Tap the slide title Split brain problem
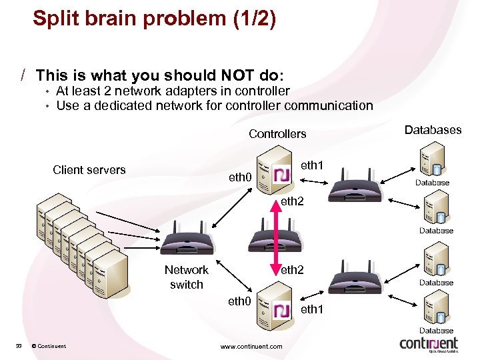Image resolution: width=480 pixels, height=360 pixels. point(154,18)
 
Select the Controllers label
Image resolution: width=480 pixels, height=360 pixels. point(277,134)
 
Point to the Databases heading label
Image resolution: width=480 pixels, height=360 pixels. point(433,130)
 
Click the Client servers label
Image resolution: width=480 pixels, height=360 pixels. point(89,170)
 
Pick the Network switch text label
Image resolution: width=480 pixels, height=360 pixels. point(186,277)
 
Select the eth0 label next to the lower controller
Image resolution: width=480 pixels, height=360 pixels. point(239,302)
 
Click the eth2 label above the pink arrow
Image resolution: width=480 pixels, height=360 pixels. point(292,200)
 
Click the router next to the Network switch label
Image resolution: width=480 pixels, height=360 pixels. point(186,240)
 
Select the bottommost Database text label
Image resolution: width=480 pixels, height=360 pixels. point(436,331)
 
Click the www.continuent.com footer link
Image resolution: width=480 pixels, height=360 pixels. point(251,346)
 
